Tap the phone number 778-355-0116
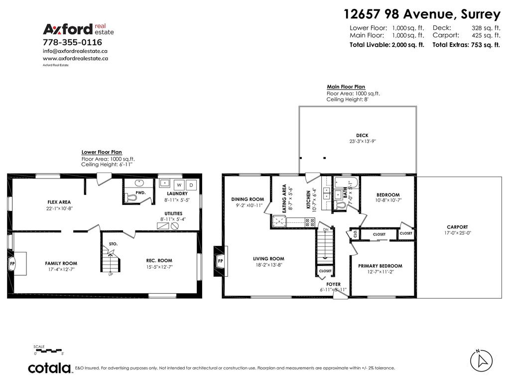coord(72,42)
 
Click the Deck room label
coord(362,135)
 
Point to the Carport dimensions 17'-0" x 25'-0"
coord(457,233)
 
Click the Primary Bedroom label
coord(380,266)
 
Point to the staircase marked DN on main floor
coord(325,244)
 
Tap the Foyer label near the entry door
coord(334,284)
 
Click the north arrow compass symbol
coord(481,360)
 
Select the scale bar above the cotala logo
coord(48,351)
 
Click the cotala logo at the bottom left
coord(49,368)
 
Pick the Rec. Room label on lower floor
coord(159,260)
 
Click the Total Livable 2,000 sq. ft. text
coord(387,44)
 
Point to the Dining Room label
coord(248,199)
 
